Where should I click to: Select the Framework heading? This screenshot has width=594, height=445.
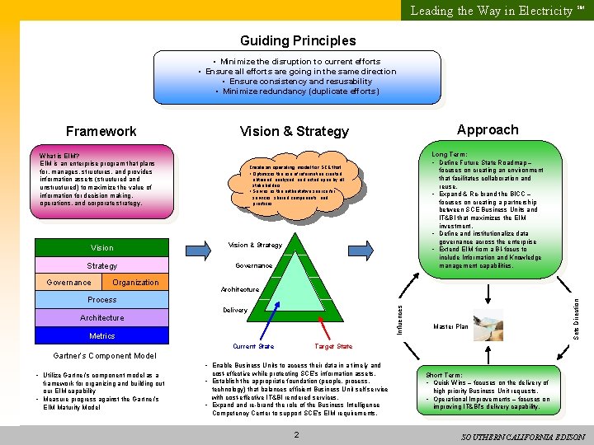pyautogui.click(x=101, y=131)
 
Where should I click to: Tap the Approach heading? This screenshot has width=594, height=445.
pyautogui.click(x=488, y=129)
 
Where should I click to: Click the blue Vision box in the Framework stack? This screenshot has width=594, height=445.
pyautogui.click(x=102, y=247)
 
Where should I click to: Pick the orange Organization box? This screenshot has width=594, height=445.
pyautogui.click(x=135, y=282)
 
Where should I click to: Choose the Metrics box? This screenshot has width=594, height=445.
pyautogui.click(x=102, y=336)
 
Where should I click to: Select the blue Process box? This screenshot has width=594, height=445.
pyautogui.click(x=102, y=300)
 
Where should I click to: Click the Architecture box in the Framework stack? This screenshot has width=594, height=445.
pyautogui.click(x=102, y=318)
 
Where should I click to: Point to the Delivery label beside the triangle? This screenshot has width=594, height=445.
pyautogui.click(x=235, y=311)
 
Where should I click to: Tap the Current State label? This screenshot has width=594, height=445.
pyautogui.click(x=253, y=346)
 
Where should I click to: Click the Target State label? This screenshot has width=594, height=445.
pyautogui.click(x=333, y=346)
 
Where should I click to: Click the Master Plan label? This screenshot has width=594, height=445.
pyautogui.click(x=450, y=327)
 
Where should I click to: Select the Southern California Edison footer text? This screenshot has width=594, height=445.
pyautogui.click(x=524, y=436)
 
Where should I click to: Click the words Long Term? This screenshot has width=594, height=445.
pyautogui.click(x=449, y=154)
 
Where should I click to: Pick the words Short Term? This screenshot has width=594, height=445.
pyautogui.click(x=444, y=375)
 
